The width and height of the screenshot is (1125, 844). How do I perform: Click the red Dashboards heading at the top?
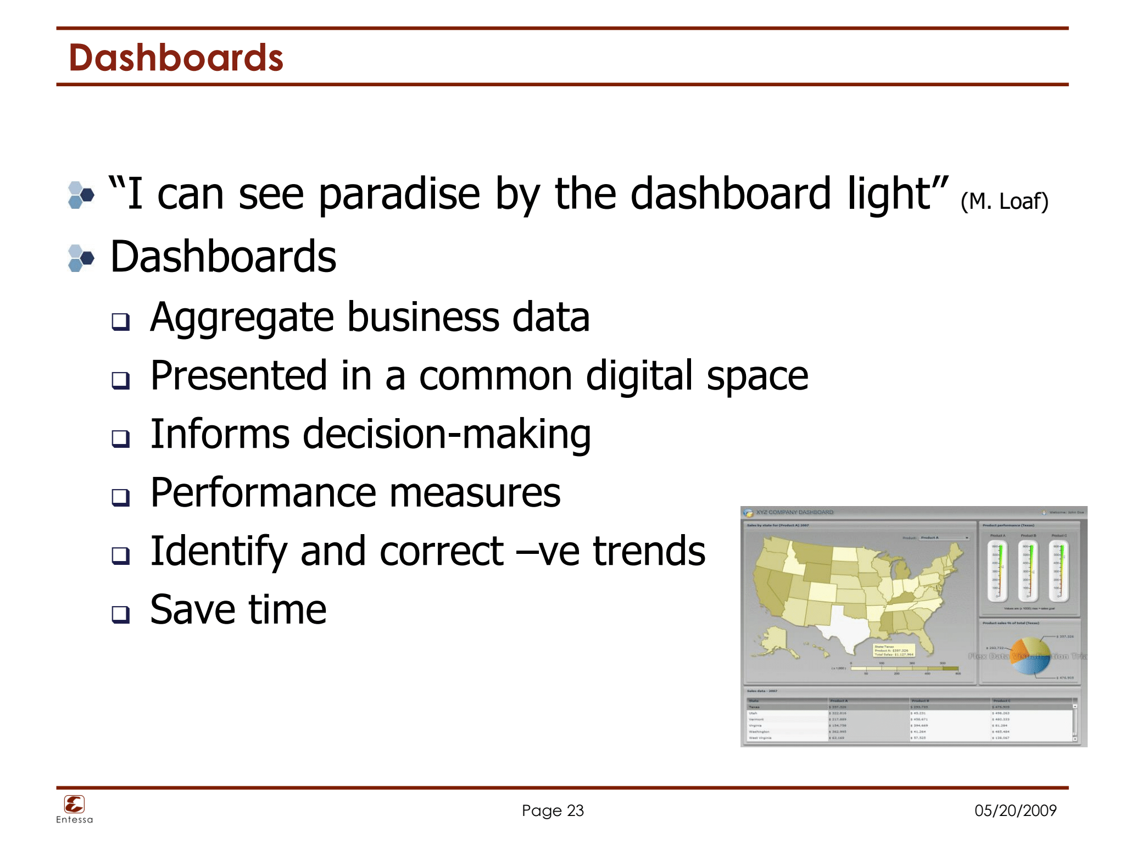[x=176, y=58]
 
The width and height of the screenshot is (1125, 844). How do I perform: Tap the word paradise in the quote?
[x=399, y=194]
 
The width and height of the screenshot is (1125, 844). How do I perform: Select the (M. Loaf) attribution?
[x=1004, y=202]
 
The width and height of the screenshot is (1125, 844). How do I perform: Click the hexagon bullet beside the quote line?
[x=81, y=195]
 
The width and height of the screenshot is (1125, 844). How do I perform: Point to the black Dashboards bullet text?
[x=223, y=257]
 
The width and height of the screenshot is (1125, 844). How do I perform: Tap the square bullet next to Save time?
[x=120, y=614]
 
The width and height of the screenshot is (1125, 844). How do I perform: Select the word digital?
[x=639, y=376]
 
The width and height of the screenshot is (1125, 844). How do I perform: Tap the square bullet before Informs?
[x=120, y=438]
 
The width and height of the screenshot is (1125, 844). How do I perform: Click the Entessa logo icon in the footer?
[x=74, y=804]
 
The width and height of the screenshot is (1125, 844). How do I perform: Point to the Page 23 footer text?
[x=553, y=810]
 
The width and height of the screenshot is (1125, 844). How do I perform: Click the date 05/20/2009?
[x=1015, y=810]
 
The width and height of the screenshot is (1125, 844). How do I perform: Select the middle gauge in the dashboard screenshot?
[x=1028, y=571]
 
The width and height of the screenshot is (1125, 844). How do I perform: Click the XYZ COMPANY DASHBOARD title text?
[x=794, y=512]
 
